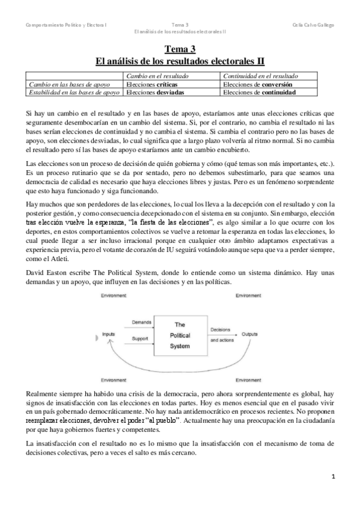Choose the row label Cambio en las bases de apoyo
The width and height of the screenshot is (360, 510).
[x=67, y=85]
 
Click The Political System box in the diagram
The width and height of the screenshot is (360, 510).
[x=179, y=335]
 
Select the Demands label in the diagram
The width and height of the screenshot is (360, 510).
[x=141, y=322]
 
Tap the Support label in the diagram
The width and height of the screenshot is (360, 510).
[x=140, y=339]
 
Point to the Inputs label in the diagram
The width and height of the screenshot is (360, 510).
[x=109, y=332]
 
